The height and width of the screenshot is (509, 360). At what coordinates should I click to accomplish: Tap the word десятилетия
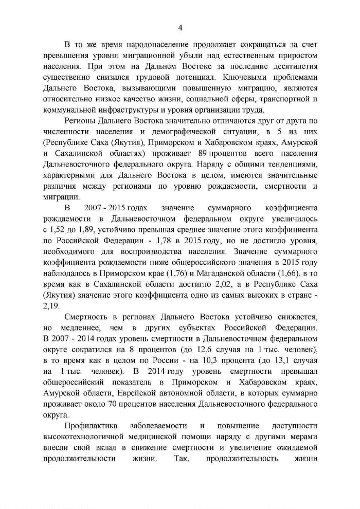tap(293, 66)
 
